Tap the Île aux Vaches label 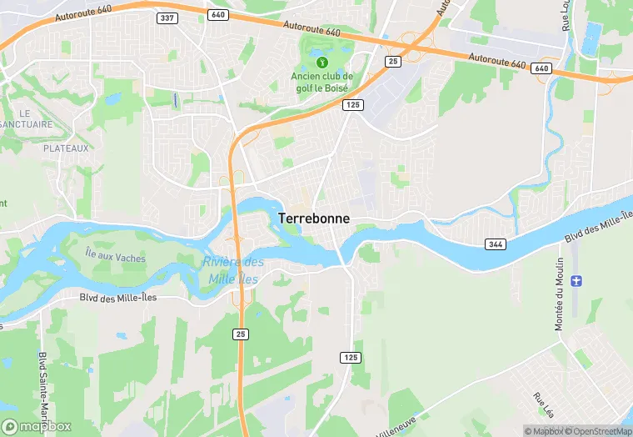[x=115, y=258]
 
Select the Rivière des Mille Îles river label [x=232, y=271]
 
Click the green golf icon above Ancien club [x=322, y=61]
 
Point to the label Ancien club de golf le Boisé [x=322, y=83]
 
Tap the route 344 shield [x=496, y=243]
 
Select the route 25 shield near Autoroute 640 [x=391, y=62]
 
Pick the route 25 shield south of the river [x=240, y=334]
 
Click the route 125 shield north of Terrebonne [x=351, y=104]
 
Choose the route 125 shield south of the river [x=351, y=357]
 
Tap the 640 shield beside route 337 [x=218, y=15]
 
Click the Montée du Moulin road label [x=560, y=293]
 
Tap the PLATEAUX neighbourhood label [x=66, y=148]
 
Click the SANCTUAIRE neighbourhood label [x=25, y=124]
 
